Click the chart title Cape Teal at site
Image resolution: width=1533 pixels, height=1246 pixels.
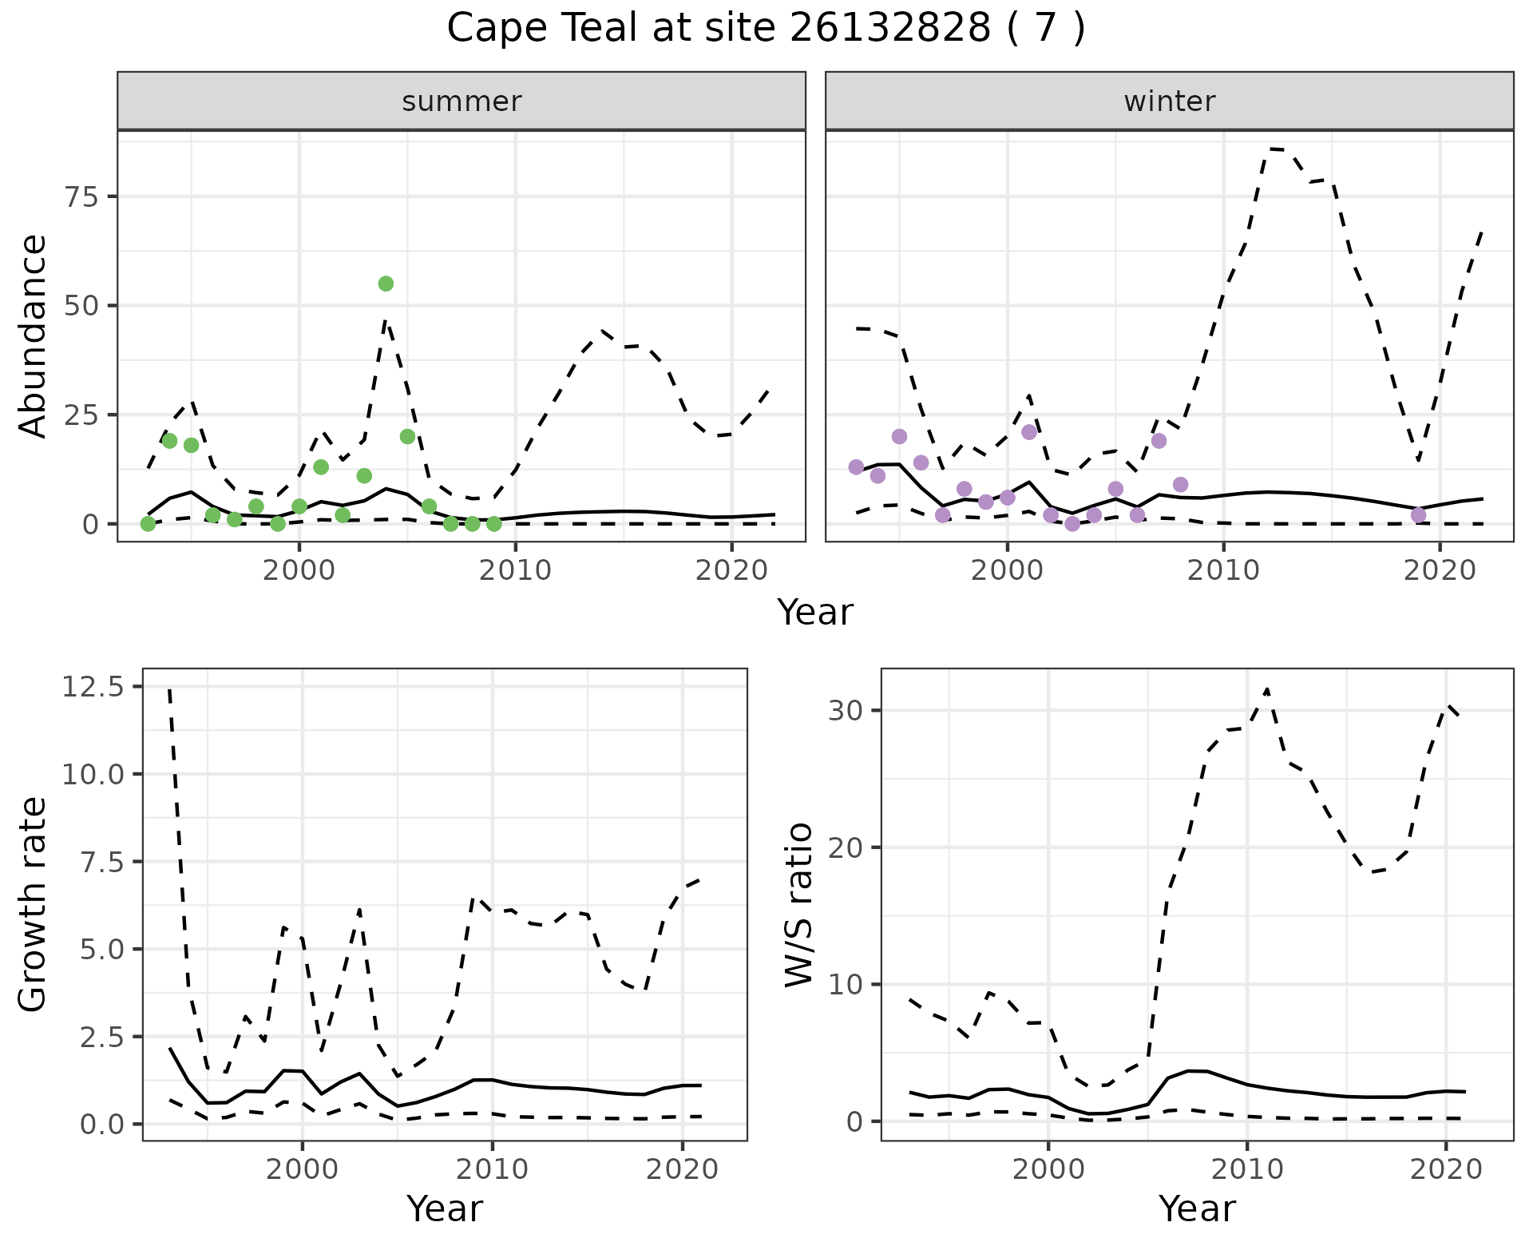[765, 29]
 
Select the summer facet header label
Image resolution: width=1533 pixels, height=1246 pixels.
[461, 101]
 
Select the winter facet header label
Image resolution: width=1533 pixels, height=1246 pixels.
[1169, 101]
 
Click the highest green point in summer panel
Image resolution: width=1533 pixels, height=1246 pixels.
[386, 284]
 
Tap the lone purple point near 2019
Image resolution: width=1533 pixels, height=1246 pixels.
[1418, 515]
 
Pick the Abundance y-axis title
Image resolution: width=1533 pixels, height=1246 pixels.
[34, 335]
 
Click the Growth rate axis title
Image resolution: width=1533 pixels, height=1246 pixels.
[34, 904]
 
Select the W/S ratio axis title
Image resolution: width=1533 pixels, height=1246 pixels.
[798, 904]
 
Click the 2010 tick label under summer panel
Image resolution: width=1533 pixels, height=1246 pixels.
[515, 570]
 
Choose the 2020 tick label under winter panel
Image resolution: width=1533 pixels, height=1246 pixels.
[1439, 570]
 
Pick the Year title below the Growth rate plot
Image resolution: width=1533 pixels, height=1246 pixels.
[445, 1209]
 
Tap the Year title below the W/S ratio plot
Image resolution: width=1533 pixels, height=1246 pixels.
[1197, 1209]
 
